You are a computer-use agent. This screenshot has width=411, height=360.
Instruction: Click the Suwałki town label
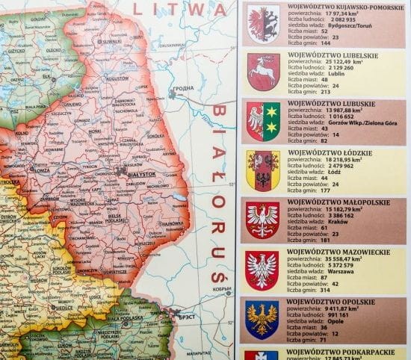[113, 42]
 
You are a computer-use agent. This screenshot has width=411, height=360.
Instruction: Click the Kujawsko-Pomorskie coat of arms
[264, 20]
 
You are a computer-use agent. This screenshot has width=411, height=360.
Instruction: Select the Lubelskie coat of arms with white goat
[264, 72]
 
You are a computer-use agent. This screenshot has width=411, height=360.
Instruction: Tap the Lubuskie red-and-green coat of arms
[264, 122]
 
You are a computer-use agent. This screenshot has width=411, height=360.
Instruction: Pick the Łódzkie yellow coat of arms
[264, 170]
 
